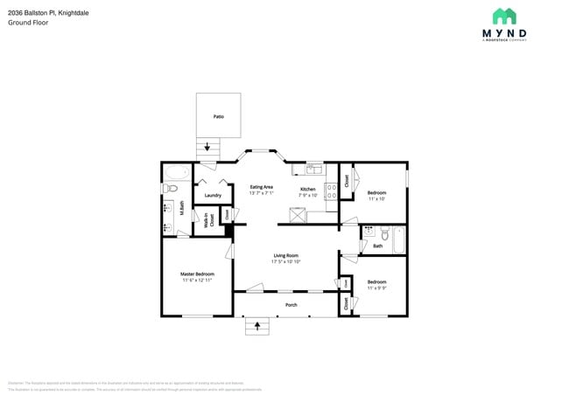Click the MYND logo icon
503,16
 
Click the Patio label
218,115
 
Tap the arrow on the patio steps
208,148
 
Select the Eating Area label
262,187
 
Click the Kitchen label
308,189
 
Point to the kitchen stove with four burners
332,191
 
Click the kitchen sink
314,169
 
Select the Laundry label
213,195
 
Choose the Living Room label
285,255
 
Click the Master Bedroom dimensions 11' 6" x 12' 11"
198,280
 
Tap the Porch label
292,305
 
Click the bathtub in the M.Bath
175,171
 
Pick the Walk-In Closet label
207,220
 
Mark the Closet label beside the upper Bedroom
347,180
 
